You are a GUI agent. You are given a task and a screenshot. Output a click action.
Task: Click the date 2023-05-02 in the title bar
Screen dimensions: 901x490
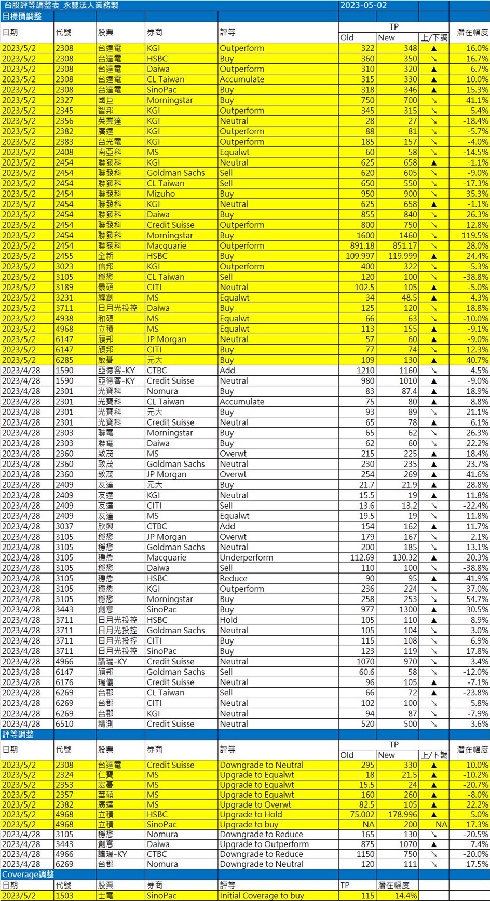tap(363, 5)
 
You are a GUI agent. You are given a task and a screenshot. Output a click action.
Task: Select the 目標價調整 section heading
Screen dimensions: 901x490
tap(22, 16)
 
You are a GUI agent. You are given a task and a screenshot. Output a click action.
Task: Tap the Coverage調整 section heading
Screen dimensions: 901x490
tap(28, 874)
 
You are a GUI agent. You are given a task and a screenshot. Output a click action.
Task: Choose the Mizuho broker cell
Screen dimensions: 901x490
tap(161, 194)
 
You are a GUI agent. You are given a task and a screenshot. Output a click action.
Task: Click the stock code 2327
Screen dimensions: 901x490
tap(64, 100)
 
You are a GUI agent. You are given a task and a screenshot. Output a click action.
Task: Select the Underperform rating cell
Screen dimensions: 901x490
tap(246, 557)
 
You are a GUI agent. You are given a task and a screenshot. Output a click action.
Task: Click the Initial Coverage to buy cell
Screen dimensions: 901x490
tap(262, 895)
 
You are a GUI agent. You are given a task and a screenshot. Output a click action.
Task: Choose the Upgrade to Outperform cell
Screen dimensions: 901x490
tap(264, 844)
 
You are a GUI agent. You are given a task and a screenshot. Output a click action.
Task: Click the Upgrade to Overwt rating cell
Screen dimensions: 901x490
tap(255, 804)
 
